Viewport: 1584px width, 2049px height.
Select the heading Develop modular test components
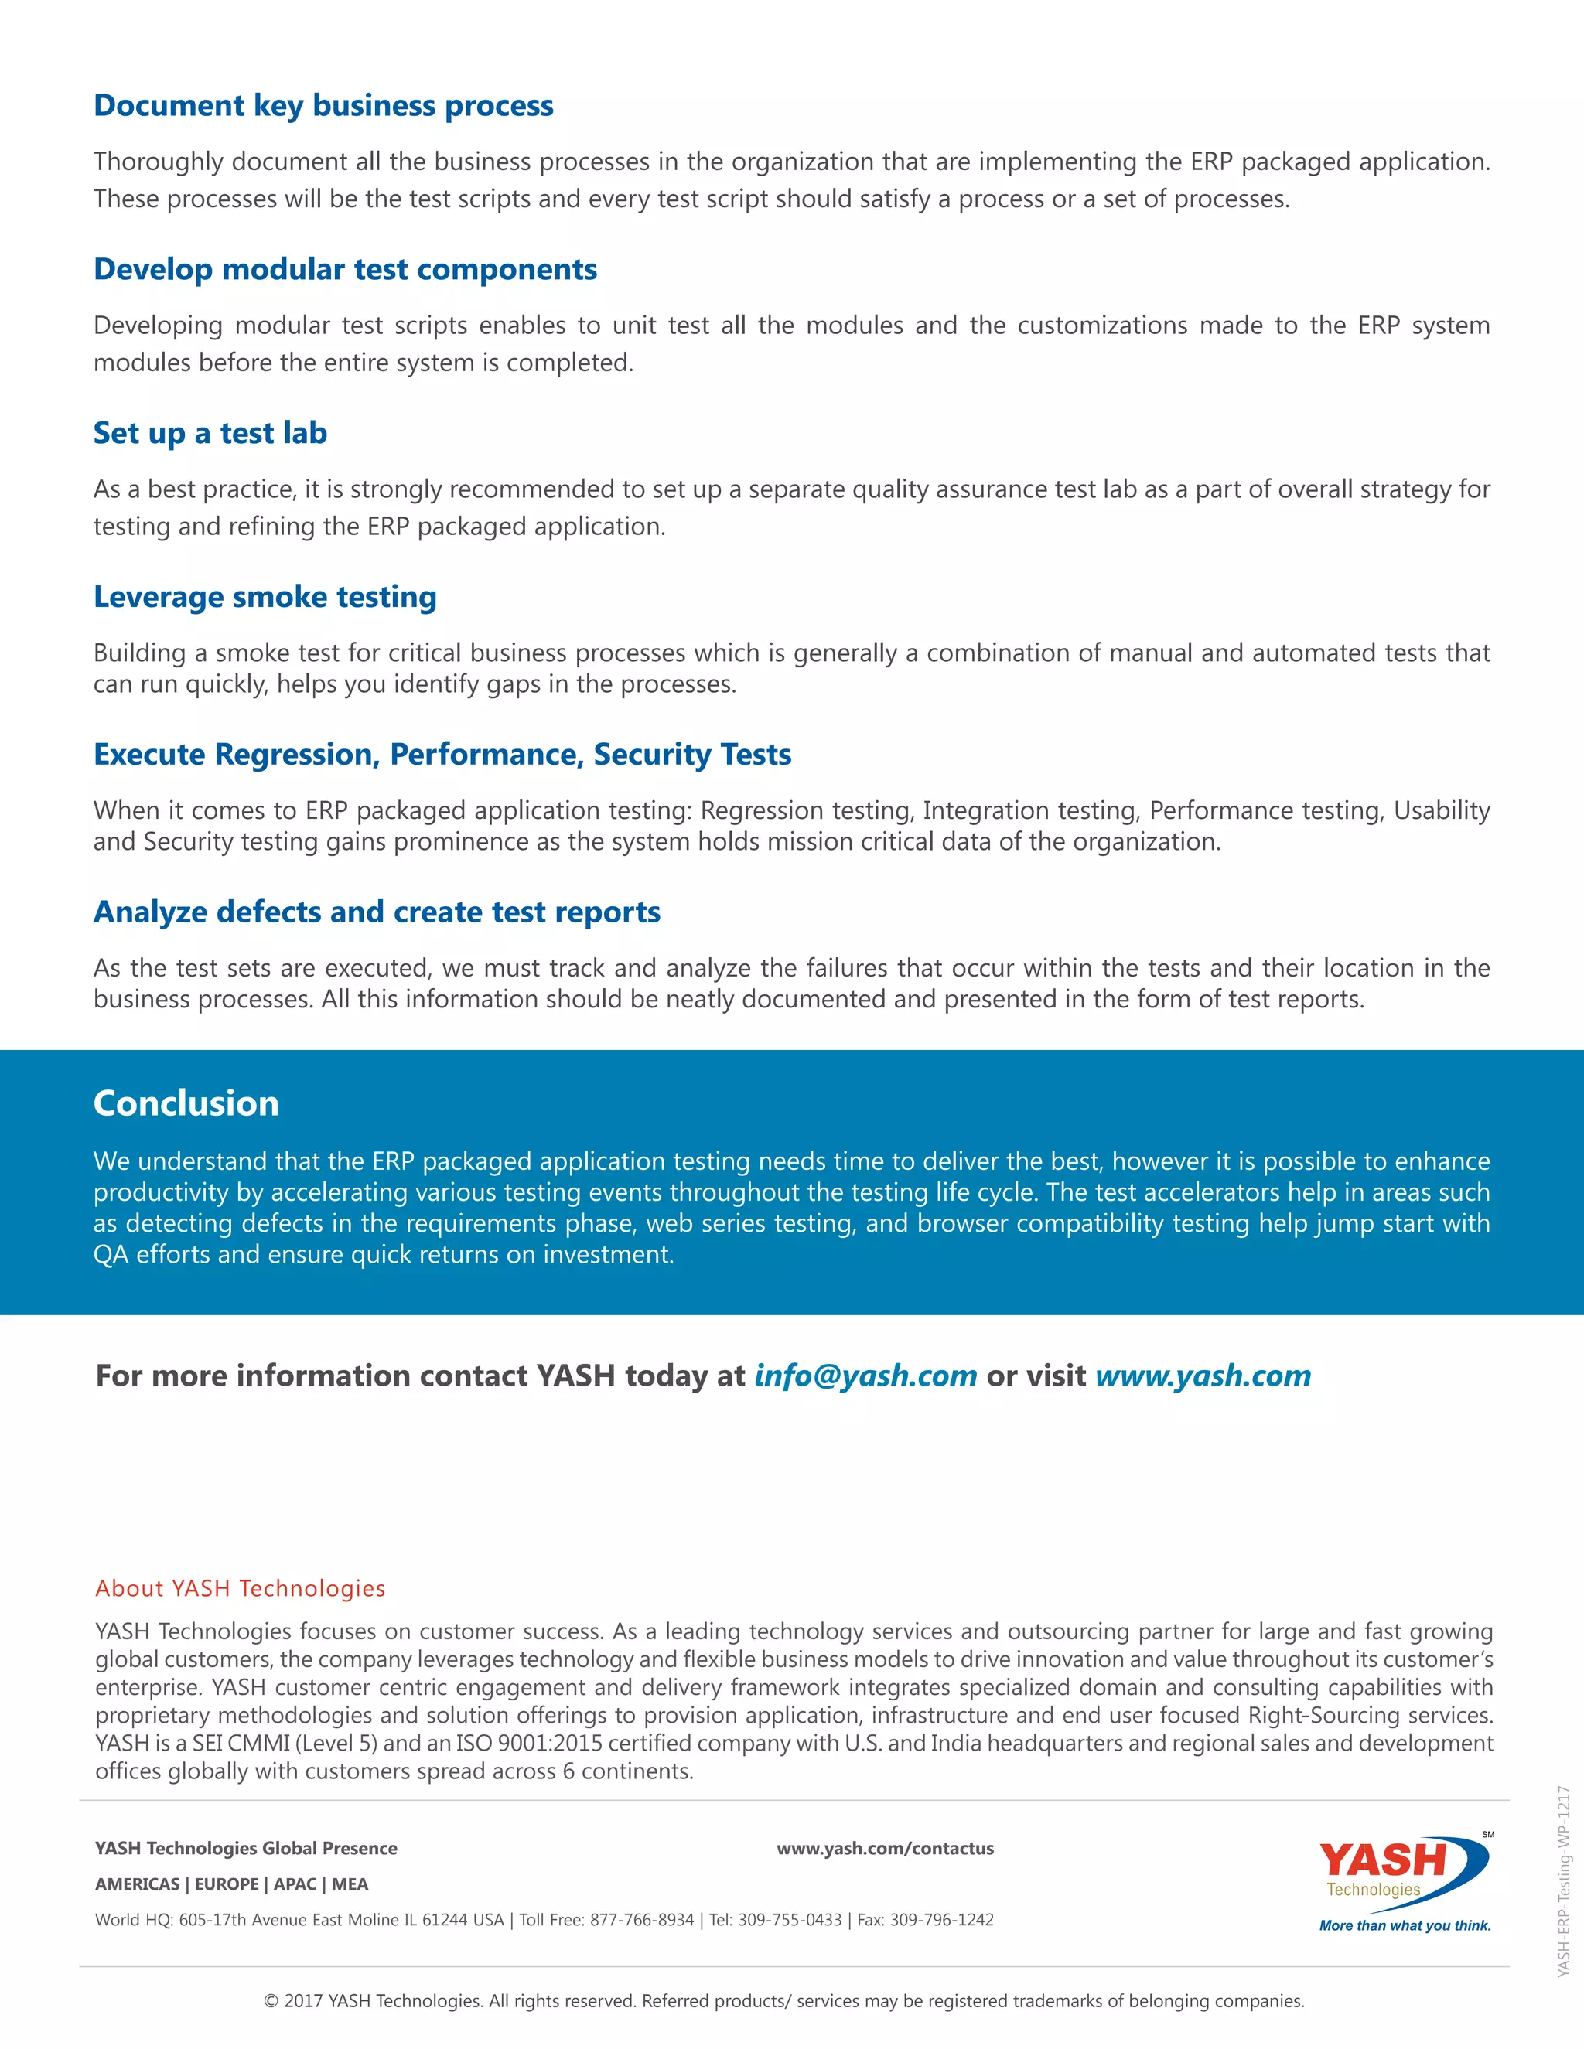pyautogui.click(x=344, y=269)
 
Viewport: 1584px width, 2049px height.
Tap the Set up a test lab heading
pyautogui.click(x=210, y=434)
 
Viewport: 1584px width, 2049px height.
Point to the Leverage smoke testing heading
pyautogui.click(x=265, y=597)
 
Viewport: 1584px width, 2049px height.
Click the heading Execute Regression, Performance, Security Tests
pyautogui.click(x=442, y=755)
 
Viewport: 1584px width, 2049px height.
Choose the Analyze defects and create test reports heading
pyautogui.click(x=377, y=912)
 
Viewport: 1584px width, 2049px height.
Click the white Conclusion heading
pyautogui.click(x=186, y=1103)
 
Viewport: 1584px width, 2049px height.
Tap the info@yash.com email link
pyautogui.click(x=865, y=1376)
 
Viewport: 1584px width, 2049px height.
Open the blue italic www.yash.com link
pyautogui.click(x=1202, y=1376)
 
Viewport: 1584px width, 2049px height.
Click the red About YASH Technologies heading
pyautogui.click(x=241, y=1588)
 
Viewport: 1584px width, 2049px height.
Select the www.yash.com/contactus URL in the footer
pyautogui.click(x=885, y=1848)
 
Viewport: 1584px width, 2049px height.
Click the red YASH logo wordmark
pyautogui.click(x=1382, y=1860)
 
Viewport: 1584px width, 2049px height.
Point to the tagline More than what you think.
pyautogui.click(x=1404, y=1925)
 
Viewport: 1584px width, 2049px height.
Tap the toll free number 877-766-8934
pyautogui.click(x=642, y=1920)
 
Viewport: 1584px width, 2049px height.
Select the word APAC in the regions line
pyautogui.click(x=295, y=1884)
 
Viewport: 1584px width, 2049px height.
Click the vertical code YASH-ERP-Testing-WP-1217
pyautogui.click(x=1562, y=1882)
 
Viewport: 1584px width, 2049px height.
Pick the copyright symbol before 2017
pyautogui.click(x=271, y=2001)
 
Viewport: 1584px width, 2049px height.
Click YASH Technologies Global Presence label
pyautogui.click(x=246, y=1848)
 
